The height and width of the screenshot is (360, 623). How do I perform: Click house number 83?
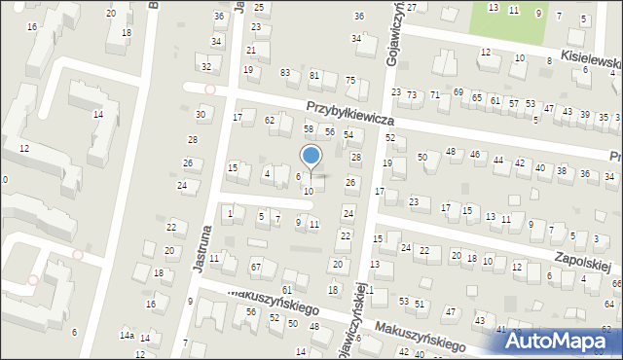[285, 73]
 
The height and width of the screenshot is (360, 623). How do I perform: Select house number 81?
[314, 75]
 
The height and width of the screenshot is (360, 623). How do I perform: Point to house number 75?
[350, 81]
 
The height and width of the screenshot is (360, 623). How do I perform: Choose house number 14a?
[127, 335]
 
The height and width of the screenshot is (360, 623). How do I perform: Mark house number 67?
[256, 267]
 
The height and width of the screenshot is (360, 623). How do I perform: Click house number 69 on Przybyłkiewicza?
[458, 91]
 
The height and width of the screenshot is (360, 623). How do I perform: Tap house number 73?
[412, 93]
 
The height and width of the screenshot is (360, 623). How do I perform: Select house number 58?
[310, 128]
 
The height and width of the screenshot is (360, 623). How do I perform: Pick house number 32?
[206, 66]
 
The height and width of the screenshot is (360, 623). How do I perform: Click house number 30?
[201, 115]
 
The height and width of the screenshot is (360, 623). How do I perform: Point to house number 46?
[474, 154]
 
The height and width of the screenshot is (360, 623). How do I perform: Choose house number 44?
[498, 160]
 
